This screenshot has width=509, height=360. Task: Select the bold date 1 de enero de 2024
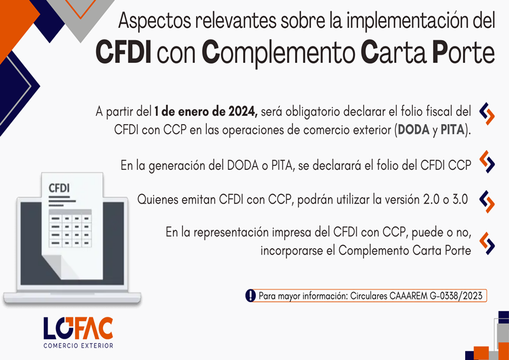point(206,113)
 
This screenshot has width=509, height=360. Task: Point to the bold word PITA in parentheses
point(452,130)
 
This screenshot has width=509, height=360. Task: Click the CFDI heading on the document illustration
point(59,188)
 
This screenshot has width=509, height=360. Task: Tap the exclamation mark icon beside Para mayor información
point(250,295)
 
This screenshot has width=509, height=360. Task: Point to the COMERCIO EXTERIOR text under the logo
point(78,346)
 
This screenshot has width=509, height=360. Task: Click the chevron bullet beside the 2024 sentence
point(487,114)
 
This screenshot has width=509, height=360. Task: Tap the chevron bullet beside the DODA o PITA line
point(487,162)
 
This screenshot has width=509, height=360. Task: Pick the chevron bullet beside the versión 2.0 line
point(487,202)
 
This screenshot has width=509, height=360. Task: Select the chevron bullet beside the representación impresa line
point(487,243)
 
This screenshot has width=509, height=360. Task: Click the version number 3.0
point(459,200)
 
